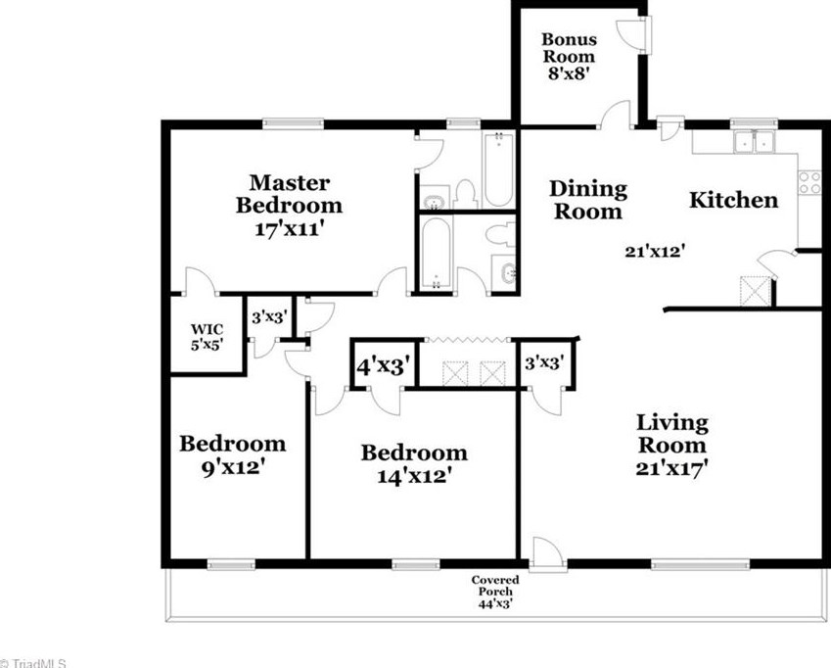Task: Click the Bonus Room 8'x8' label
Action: [569, 56]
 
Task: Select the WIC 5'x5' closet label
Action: [207, 337]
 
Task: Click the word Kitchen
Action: [733, 201]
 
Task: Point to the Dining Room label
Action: [587, 200]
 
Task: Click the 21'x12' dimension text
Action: [652, 252]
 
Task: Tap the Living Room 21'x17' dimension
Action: [672, 446]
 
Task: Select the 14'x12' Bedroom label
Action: [414, 464]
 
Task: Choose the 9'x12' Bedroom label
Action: [233, 454]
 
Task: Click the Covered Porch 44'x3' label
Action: [495, 593]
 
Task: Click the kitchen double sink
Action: [754, 142]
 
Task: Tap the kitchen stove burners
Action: [809, 182]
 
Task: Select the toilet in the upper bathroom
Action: [466, 195]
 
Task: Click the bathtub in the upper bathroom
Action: [498, 169]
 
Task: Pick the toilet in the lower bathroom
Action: [500, 234]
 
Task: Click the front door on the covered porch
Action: [547, 554]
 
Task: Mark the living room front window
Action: [700, 564]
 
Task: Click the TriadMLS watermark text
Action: [33, 663]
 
